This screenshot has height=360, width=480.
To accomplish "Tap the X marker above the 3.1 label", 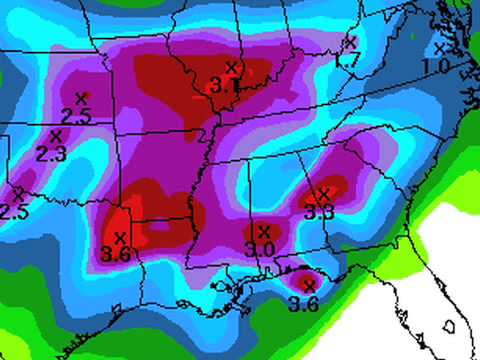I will coord(231,68).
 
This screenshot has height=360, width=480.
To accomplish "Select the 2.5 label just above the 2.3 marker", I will coord(77,116).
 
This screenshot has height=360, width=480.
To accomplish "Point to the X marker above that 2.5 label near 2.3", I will coord(81,98).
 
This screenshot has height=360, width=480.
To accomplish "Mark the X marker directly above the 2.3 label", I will coord(55,136).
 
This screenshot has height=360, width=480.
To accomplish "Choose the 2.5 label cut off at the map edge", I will coord(13,212).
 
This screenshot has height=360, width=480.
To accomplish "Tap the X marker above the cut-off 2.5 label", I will coord(18,193).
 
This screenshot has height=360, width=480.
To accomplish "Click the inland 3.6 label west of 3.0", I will coord(117,255).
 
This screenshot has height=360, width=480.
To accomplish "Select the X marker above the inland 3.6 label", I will coord(121,237).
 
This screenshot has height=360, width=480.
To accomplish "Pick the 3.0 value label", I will coord(260,248).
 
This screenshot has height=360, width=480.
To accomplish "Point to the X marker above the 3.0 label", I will coord(264,231).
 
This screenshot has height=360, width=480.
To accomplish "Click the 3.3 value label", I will coord(319,211).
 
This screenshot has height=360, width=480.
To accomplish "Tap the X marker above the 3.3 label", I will coord(323,193).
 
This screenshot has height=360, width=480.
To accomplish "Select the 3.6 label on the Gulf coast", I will coord(304,304).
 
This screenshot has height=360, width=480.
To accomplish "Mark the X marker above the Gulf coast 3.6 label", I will coord(309,285).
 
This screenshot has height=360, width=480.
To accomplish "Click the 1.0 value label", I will coord(435,67).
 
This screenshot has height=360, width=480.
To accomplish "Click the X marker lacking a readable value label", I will coord(350,42).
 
